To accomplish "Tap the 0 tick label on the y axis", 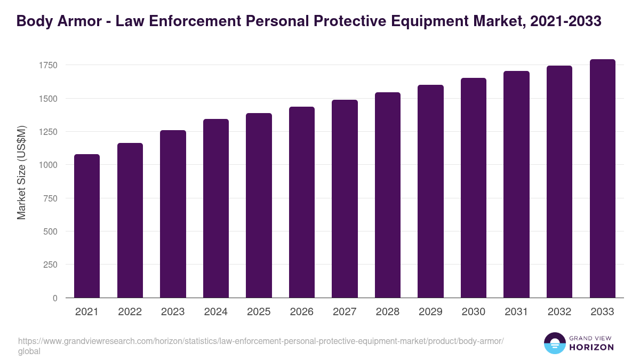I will [55, 298].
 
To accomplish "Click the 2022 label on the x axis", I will [130, 312].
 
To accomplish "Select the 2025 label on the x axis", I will [259, 312].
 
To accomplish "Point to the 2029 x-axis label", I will [430, 312].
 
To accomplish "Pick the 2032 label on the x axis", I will [559, 312].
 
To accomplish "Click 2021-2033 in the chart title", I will [566, 21].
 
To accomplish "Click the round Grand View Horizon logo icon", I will [555, 343].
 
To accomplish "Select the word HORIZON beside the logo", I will [592, 347].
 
